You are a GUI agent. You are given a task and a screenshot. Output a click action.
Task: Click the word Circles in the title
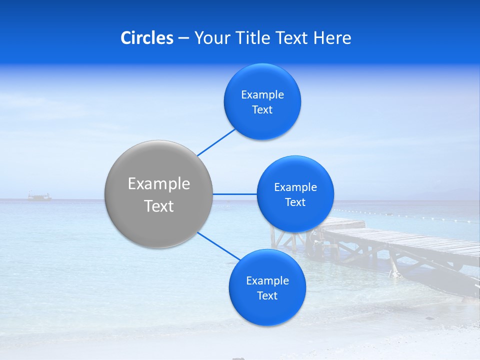(146, 38)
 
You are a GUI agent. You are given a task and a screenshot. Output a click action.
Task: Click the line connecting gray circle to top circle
(216, 142)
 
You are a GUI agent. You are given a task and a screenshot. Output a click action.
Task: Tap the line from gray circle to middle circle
(234, 194)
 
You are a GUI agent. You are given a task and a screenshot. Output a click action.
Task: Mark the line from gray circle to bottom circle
(218, 246)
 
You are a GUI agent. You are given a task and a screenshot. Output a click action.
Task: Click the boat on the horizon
(39, 197)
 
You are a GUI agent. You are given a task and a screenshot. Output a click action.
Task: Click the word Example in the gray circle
(159, 184)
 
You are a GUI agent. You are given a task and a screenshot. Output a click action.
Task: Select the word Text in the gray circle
(159, 206)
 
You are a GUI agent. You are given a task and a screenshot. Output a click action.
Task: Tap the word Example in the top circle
(262, 95)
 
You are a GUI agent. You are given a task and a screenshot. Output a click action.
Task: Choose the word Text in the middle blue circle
(295, 202)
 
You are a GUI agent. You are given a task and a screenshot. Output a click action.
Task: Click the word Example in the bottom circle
(267, 281)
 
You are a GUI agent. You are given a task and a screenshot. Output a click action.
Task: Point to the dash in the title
(183, 38)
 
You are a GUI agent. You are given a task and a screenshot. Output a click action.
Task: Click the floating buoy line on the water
(410, 216)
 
